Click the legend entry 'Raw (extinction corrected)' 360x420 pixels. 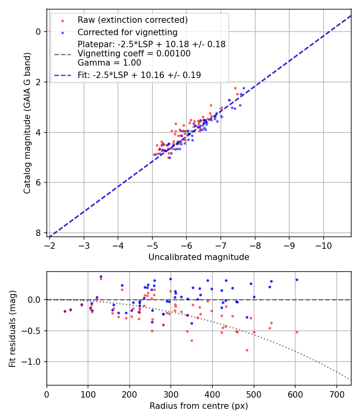(132, 20)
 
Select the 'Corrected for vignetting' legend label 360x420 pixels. (127, 32)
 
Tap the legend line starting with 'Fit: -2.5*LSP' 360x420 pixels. (139, 75)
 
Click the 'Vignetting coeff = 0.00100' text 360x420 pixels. (134, 54)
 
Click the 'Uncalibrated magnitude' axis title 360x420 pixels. (199, 257)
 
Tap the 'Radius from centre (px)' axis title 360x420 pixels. (199, 406)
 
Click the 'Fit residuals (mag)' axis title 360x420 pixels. (12, 328)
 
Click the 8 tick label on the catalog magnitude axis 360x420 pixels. (38, 233)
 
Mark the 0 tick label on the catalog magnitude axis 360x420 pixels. (38, 32)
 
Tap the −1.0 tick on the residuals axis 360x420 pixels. (34, 362)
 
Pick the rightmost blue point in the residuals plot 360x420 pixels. (297, 280)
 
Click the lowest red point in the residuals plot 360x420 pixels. (247, 350)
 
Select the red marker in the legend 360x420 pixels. (62, 20)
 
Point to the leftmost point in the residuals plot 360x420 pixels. (65, 311)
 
